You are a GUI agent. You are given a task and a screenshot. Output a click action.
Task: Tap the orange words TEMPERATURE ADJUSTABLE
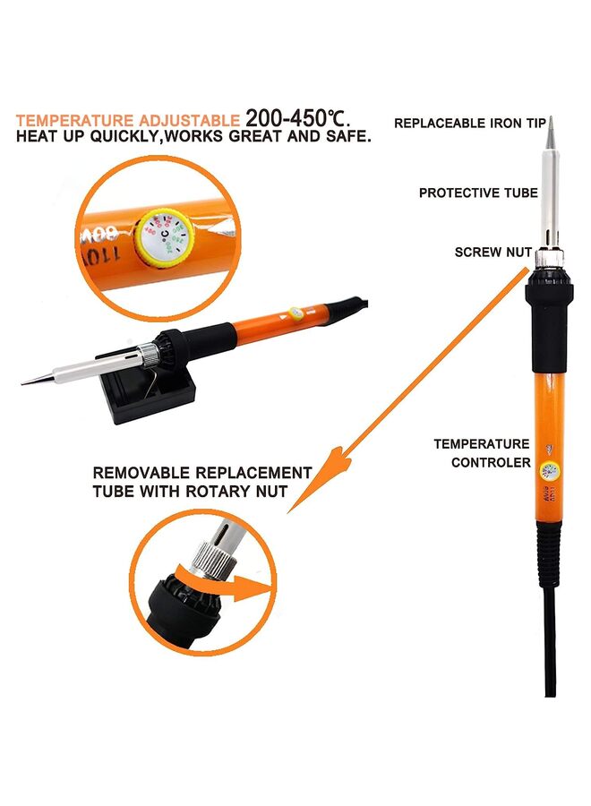127,120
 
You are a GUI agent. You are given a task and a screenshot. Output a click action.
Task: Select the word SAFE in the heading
350,138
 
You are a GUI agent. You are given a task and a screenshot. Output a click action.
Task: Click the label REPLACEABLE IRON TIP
466,123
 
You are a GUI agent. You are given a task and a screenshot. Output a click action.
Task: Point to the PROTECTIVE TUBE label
478,193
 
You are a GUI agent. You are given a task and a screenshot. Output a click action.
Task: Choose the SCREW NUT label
493,252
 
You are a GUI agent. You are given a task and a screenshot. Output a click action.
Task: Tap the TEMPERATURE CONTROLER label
482,453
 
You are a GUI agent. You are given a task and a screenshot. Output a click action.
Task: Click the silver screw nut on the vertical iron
548,259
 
